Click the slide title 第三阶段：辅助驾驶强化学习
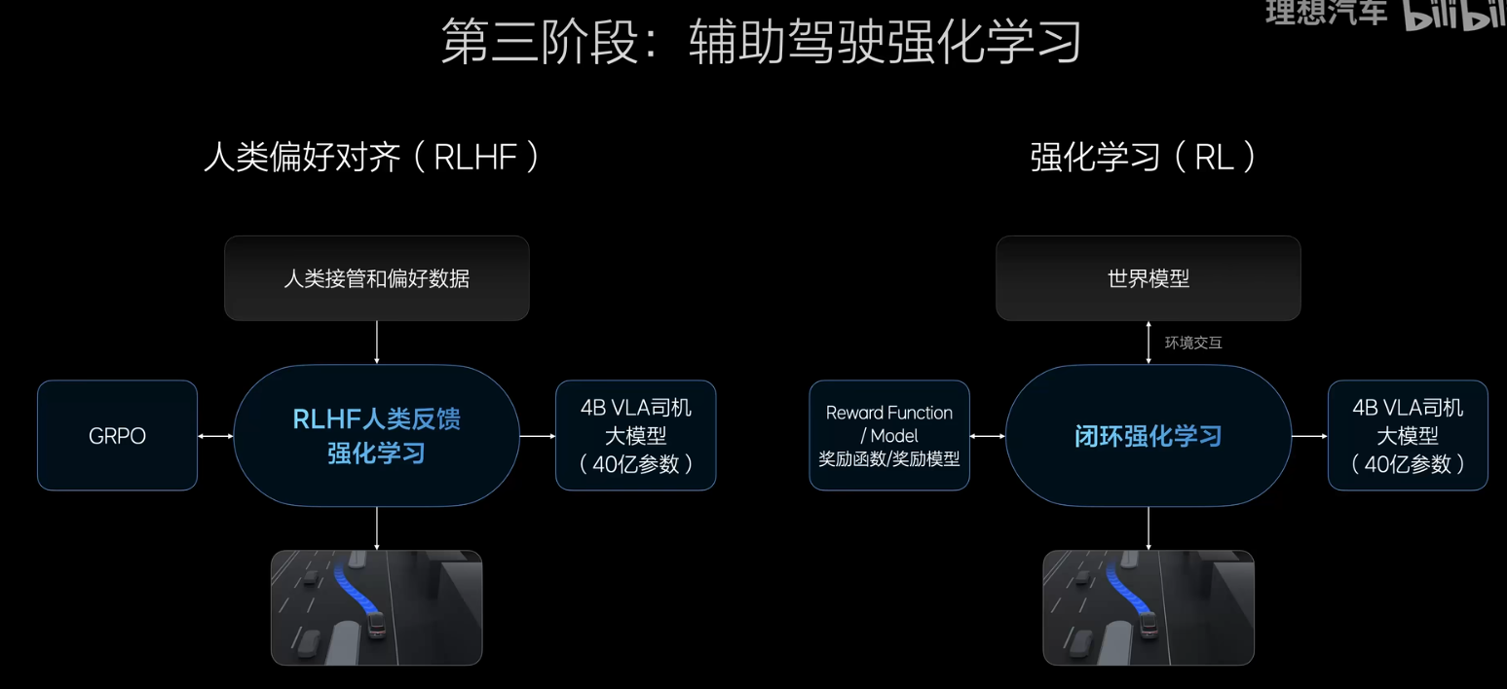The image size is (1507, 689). pyautogui.click(x=761, y=44)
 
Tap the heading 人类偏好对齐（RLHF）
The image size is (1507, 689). pyautogui.click(x=371, y=158)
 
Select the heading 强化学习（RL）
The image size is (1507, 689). pyautogui.click(x=1145, y=158)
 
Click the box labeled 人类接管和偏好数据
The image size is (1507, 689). pyautogui.click(x=377, y=278)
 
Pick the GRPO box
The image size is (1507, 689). pyautogui.click(x=117, y=435)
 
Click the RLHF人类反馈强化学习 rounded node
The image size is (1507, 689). pyautogui.click(x=377, y=435)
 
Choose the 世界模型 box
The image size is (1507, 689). pyautogui.click(x=1148, y=278)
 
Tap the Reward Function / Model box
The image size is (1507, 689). pyautogui.click(x=889, y=435)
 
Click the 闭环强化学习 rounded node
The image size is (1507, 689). pyautogui.click(x=1148, y=435)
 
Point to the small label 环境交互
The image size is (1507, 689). pyautogui.click(x=1193, y=344)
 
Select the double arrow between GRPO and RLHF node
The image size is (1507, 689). pyautogui.click(x=215, y=436)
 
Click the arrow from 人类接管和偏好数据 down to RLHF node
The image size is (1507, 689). pyautogui.click(x=377, y=343)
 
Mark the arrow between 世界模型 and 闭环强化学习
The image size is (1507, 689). pyautogui.click(x=1149, y=343)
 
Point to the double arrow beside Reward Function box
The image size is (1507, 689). pyautogui.click(x=987, y=436)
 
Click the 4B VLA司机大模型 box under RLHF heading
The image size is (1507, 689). pyautogui.click(x=635, y=435)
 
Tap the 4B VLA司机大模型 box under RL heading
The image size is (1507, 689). pyautogui.click(x=1408, y=435)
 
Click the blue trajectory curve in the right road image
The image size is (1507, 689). pyautogui.click(x=1121, y=590)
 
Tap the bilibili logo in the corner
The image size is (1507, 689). pyautogui.click(x=1454, y=17)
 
